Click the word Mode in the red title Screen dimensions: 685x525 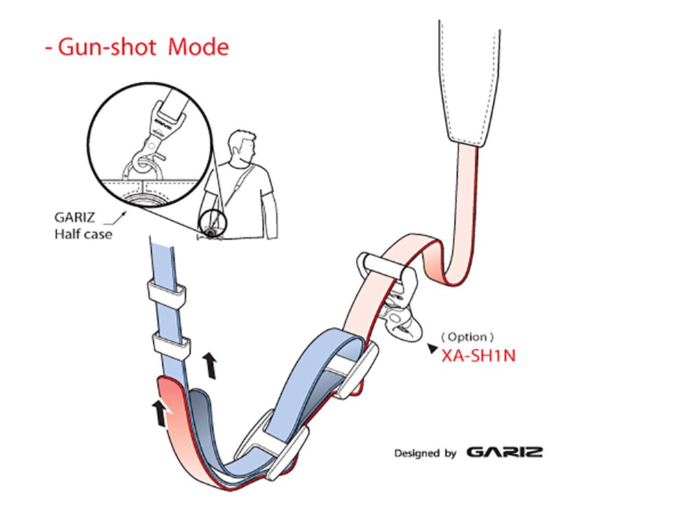(x=199, y=47)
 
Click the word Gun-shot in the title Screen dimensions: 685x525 (x=107, y=47)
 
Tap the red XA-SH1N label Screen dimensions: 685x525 (x=478, y=356)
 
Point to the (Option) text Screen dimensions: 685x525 (x=467, y=337)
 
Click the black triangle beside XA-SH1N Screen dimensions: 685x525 (x=432, y=348)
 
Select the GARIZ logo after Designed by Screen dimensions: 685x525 (x=505, y=452)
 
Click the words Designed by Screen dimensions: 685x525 (x=425, y=453)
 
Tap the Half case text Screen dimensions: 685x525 (x=83, y=234)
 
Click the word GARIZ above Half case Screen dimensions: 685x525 (x=74, y=217)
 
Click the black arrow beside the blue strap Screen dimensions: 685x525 (x=210, y=366)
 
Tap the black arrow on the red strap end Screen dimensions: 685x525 (x=160, y=413)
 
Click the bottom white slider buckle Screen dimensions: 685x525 (x=273, y=445)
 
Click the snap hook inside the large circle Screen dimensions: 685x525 (x=155, y=140)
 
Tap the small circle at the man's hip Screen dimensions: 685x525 (x=213, y=224)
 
